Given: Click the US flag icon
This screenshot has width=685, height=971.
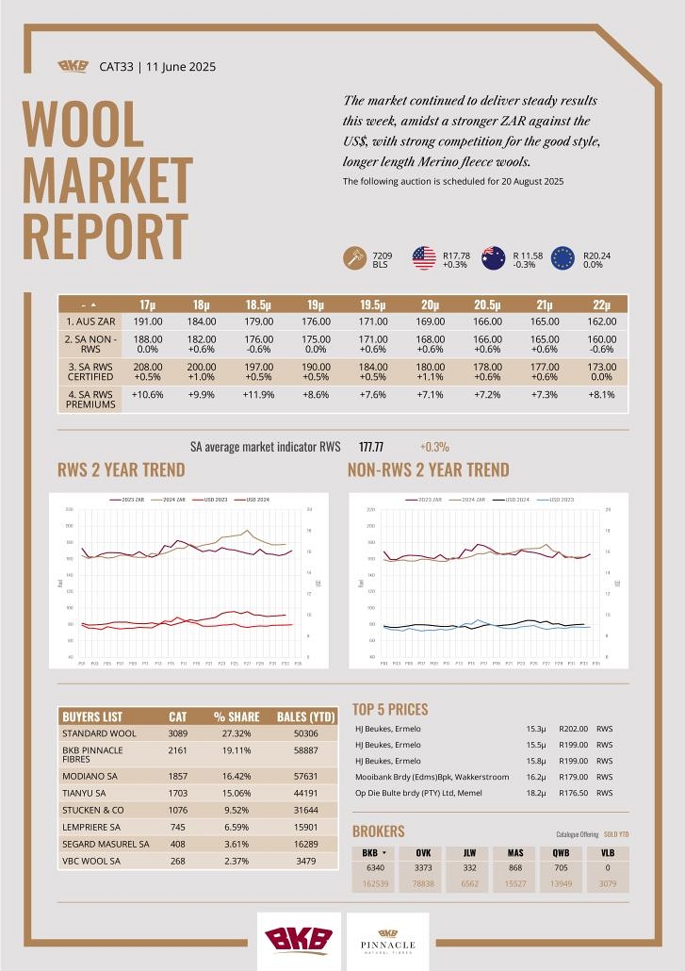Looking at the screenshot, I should [x=424, y=257].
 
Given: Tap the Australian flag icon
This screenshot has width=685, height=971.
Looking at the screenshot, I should [x=494, y=257].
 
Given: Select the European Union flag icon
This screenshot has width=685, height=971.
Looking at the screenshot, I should [x=563, y=257].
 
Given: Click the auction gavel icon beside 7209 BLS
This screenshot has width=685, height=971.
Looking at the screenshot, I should [x=355, y=257].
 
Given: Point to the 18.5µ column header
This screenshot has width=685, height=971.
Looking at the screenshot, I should [x=259, y=304].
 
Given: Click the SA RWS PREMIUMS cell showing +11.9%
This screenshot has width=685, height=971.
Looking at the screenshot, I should [x=259, y=394].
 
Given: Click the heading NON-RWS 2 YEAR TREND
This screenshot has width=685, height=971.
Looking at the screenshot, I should [x=428, y=469].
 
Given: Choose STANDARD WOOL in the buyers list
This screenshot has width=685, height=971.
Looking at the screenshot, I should [x=99, y=732].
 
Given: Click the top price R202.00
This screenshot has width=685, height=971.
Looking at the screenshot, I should [x=573, y=729].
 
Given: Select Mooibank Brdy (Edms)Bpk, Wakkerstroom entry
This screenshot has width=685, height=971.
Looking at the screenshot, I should [x=432, y=777].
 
